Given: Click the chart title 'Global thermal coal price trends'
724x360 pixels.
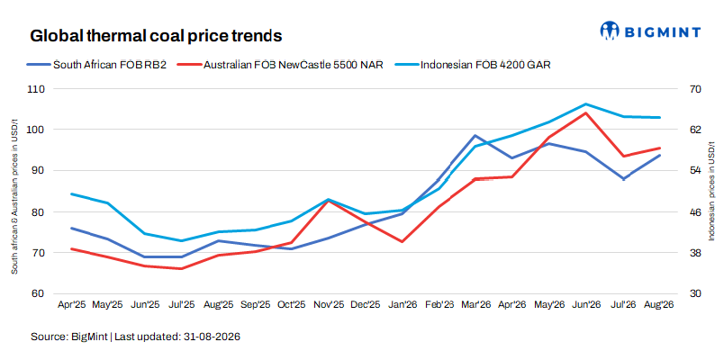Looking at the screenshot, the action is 156,36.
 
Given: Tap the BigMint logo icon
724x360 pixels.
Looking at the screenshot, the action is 609,31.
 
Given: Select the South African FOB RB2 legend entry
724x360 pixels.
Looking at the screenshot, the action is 96,65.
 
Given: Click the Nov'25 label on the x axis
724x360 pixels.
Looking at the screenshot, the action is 329,305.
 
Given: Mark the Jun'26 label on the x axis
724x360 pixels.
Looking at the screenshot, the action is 586,305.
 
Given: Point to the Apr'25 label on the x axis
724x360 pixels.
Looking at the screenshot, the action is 71,305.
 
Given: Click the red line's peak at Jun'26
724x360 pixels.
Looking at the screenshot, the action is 586,112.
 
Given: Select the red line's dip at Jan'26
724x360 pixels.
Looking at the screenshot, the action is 403,241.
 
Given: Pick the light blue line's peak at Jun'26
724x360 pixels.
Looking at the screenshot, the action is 586,103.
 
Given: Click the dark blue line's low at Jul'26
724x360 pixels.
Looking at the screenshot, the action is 624,179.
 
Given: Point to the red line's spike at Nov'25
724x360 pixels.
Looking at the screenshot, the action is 329,201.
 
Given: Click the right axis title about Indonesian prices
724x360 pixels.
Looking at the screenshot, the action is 711,191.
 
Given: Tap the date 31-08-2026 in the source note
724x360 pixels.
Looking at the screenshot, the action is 210,337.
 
